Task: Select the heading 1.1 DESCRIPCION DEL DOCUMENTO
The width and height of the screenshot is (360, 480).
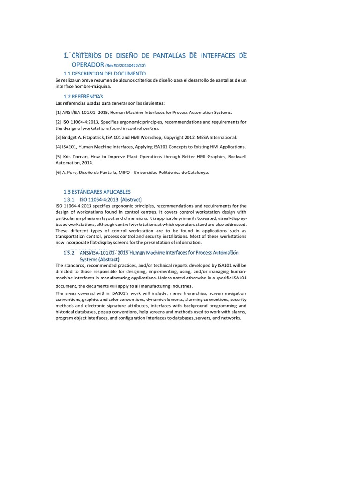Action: point(105,74)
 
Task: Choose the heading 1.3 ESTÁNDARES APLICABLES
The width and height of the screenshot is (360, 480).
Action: point(97,192)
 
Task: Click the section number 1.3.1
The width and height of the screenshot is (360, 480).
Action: point(69,199)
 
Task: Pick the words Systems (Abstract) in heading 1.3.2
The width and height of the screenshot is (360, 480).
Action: point(99,259)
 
